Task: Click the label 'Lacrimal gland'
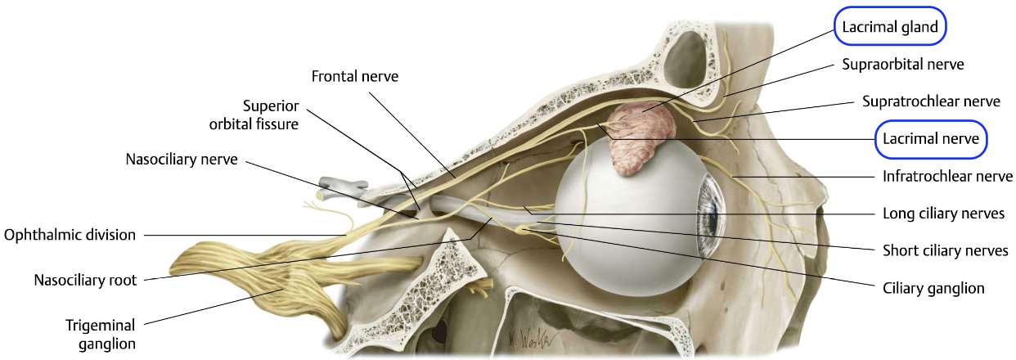[x=890, y=26]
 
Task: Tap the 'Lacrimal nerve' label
[x=930, y=139]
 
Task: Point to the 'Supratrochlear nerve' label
[x=931, y=101]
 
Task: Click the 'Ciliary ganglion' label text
[x=932, y=288]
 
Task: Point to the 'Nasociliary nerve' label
[x=182, y=160]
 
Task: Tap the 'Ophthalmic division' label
[x=70, y=235]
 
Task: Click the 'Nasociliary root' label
[x=85, y=280]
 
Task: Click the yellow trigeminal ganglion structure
[x=245, y=278]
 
